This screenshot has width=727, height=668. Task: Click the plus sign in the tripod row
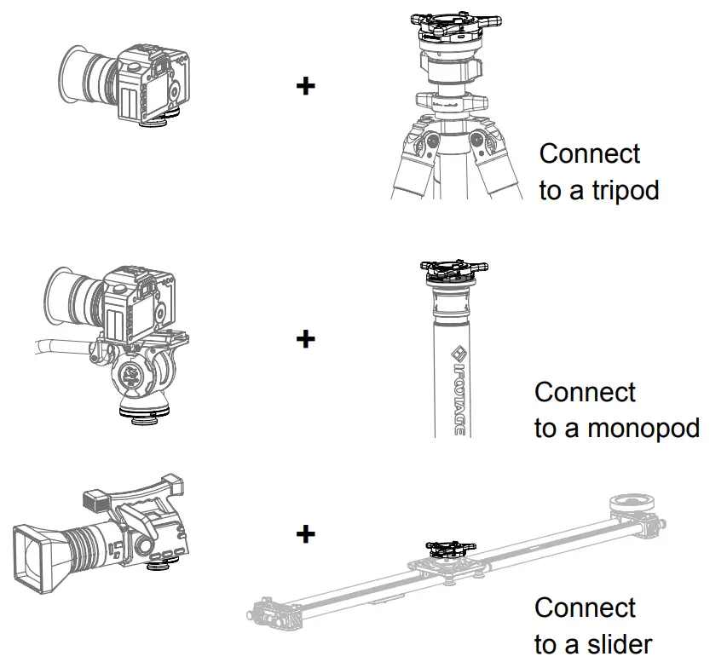(x=305, y=86)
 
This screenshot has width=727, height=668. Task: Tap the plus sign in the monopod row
(x=305, y=339)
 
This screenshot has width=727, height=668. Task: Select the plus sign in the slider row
(x=305, y=534)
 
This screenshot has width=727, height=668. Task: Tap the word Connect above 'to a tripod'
(x=590, y=154)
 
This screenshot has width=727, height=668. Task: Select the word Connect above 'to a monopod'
(x=585, y=393)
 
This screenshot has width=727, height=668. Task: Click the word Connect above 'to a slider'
(x=585, y=608)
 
